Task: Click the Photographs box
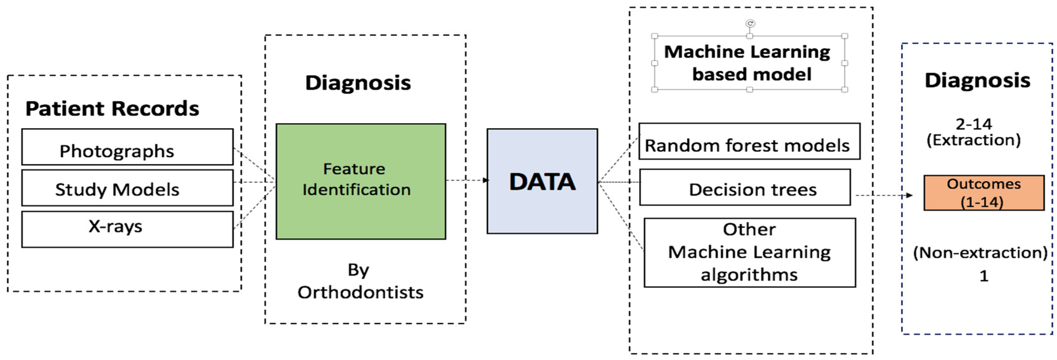[x=127, y=147]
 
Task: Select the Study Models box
[x=127, y=188]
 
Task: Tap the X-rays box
[x=127, y=229]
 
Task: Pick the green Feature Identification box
[x=361, y=181]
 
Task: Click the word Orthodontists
[x=360, y=292]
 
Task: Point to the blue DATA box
[x=542, y=181]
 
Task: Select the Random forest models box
[x=749, y=142]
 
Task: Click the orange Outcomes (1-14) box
[x=983, y=193]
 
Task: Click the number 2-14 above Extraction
[x=973, y=124]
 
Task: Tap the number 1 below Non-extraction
[x=983, y=276]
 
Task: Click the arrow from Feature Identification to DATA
[x=467, y=180]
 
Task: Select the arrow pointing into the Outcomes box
[x=884, y=195]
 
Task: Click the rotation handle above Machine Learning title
[x=750, y=23]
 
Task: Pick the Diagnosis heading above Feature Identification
[x=358, y=83]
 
